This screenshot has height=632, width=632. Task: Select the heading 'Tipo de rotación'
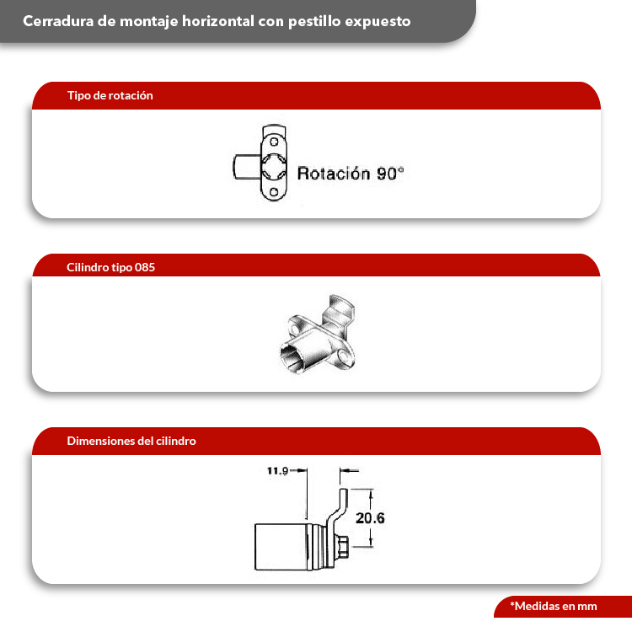coord(110,96)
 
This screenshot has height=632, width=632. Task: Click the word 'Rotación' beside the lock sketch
coord(334,174)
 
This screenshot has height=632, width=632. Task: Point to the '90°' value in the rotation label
coord(390,174)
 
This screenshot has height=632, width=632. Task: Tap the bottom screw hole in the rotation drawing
coord(275,193)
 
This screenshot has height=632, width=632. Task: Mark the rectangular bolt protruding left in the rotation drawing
coord(245,166)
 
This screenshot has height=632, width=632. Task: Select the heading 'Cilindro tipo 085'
coord(110,267)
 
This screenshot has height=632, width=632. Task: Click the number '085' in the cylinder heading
coord(144,267)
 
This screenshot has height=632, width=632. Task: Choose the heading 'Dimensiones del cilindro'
coord(131,441)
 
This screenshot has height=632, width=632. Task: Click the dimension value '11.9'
coord(278,471)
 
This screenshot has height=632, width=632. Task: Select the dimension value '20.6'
coord(370,518)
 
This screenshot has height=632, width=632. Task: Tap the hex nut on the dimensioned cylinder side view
coord(344,547)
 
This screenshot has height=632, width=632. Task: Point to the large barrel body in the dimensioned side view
coord(282,546)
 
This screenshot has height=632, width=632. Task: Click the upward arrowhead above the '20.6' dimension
coord(370,492)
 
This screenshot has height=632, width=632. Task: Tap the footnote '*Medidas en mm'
coord(553,606)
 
